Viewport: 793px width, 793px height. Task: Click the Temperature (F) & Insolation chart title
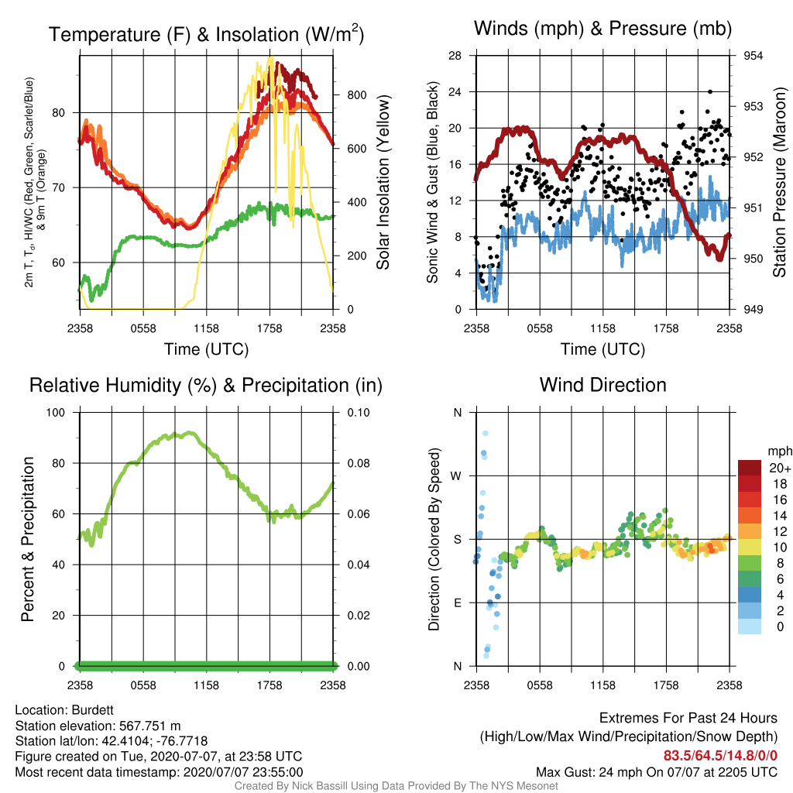(x=206, y=34)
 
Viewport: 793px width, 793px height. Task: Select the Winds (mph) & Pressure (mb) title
(x=602, y=29)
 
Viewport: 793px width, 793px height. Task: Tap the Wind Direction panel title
(x=602, y=385)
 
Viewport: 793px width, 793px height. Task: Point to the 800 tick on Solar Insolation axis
(x=356, y=95)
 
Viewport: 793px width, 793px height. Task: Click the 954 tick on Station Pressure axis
(x=753, y=56)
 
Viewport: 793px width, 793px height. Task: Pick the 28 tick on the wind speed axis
(x=455, y=56)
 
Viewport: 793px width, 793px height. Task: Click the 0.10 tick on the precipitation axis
(x=359, y=413)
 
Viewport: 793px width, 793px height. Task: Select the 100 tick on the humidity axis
(x=56, y=413)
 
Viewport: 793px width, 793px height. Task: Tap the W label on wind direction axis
(x=456, y=476)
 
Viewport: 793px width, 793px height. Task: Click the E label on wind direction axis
(x=457, y=602)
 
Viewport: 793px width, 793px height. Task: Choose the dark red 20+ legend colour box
(x=750, y=468)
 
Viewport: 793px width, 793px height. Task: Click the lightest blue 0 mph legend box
(x=750, y=626)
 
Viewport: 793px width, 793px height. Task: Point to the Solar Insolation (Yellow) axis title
(x=383, y=182)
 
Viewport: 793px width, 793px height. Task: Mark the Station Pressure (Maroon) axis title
(x=779, y=182)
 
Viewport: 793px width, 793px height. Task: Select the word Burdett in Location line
(x=93, y=710)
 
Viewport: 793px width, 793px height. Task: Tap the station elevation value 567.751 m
(x=149, y=726)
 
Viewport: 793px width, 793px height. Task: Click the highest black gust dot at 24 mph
(x=710, y=91)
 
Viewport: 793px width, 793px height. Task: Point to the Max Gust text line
(x=657, y=772)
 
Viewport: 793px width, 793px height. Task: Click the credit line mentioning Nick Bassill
(x=396, y=786)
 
